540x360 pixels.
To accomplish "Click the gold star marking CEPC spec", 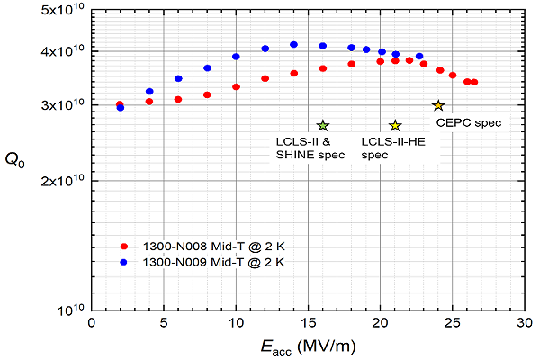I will (x=438, y=105).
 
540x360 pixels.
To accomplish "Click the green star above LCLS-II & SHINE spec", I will (x=323, y=125).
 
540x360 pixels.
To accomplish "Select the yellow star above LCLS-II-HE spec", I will (x=395, y=125).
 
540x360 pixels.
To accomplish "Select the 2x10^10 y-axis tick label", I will (x=59, y=181).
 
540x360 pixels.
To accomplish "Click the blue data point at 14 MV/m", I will (x=293, y=44).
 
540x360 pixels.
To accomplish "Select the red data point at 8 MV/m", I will (x=207, y=94).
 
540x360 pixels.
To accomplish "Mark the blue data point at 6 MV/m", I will (x=178, y=78).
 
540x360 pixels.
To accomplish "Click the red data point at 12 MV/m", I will (x=265, y=78).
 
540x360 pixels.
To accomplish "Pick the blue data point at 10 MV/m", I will (x=236, y=57).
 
